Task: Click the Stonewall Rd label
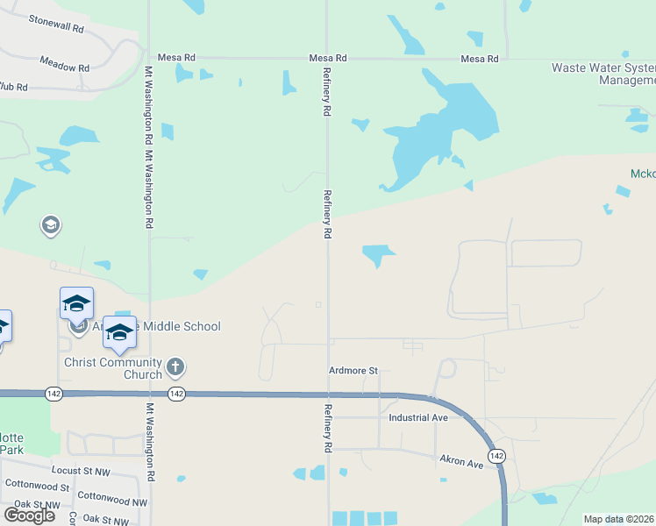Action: click(x=56, y=24)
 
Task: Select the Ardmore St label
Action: click(x=353, y=371)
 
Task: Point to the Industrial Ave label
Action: click(x=419, y=417)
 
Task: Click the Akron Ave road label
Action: click(x=462, y=462)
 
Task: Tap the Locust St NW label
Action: click(x=84, y=470)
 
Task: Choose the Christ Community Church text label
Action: click(x=113, y=368)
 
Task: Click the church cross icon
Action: click(x=175, y=366)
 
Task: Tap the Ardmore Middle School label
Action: click(x=158, y=327)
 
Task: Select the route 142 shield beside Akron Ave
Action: click(x=496, y=456)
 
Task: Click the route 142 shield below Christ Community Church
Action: click(x=176, y=394)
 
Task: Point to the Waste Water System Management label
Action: click(x=604, y=74)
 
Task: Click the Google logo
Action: click(x=29, y=515)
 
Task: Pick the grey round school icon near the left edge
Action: click(x=51, y=226)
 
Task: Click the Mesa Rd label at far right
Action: click(x=480, y=59)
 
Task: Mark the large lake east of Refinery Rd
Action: click(x=439, y=131)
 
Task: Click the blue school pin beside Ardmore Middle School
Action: click(x=119, y=333)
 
